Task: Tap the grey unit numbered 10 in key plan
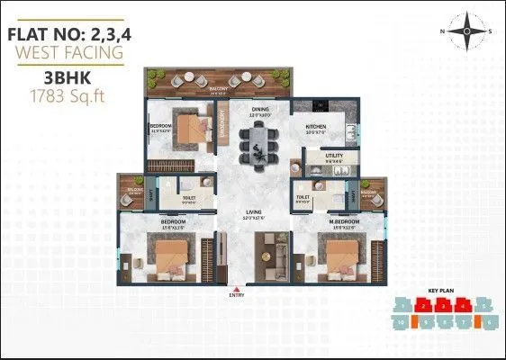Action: click(x=401, y=322)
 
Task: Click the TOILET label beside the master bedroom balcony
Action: click(x=303, y=194)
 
